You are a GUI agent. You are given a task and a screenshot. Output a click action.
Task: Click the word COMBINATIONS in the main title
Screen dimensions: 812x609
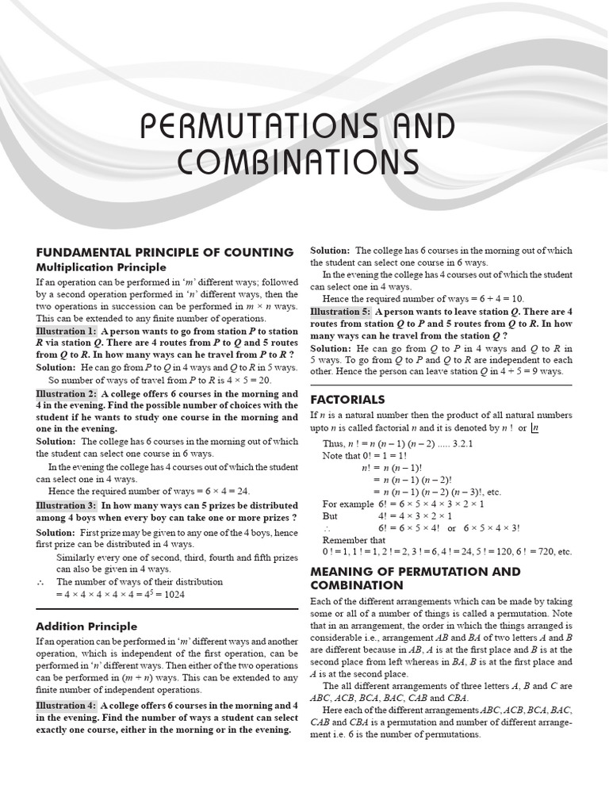click(x=297, y=162)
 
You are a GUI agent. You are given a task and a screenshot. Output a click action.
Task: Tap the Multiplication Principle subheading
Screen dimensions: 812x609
click(x=101, y=267)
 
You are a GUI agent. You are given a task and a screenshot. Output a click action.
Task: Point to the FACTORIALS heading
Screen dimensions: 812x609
click(x=347, y=399)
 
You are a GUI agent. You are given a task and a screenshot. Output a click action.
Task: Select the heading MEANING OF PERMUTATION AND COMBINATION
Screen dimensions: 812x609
click(x=415, y=578)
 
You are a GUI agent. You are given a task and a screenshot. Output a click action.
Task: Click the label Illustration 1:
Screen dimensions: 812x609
click(x=66, y=331)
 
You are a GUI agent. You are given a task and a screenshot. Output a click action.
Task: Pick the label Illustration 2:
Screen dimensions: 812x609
click(x=66, y=394)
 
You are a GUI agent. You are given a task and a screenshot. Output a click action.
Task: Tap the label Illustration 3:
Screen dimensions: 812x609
click(x=66, y=505)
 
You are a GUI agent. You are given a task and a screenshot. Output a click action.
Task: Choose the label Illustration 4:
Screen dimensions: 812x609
click(x=66, y=705)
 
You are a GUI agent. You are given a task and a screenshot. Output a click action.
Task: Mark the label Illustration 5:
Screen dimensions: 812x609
click(x=340, y=312)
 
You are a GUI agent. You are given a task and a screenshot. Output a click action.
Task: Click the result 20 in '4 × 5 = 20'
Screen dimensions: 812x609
click(x=261, y=380)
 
